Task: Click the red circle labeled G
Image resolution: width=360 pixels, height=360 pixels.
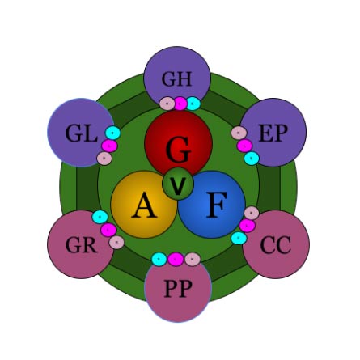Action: coord(179,143)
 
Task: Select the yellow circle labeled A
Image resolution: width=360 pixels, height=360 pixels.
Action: coord(144,205)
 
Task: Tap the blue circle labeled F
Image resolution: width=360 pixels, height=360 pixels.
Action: coord(211,205)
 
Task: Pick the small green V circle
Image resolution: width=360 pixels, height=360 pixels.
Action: coord(178,184)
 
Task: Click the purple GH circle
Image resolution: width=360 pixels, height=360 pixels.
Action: coord(177,79)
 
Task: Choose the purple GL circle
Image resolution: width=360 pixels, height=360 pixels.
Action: coord(81,133)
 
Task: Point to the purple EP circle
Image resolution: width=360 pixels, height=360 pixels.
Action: coord(273,133)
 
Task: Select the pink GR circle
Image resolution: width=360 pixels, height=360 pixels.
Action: coord(81,244)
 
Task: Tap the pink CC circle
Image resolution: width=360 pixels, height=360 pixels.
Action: coord(276,244)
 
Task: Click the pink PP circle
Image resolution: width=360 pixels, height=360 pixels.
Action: coord(178,288)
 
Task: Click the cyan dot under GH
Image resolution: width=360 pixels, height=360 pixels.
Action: coord(193,104)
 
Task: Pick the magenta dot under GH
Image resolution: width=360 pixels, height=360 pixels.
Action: coord(180,104)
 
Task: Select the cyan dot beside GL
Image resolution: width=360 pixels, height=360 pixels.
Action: coord(112,133)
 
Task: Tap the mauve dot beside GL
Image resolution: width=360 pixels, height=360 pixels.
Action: coord(104,159)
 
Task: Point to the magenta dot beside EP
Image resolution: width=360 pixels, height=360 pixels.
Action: coord(244,146)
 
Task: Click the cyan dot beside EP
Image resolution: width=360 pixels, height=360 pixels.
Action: coord(252,159)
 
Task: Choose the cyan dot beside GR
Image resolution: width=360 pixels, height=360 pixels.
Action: coord(100,217)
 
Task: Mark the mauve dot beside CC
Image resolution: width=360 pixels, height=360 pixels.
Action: coord(252,213)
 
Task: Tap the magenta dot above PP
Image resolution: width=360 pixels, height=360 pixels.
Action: coord(176,259)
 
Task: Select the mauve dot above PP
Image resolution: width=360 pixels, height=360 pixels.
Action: coord(193,259)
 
